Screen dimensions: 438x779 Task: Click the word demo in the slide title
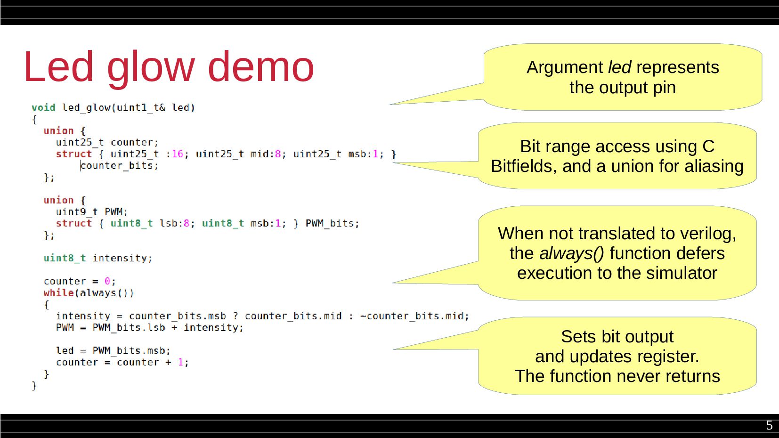260,67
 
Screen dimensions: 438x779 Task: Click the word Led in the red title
58,67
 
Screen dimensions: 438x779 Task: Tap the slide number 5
769,425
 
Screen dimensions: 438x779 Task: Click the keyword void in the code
43,108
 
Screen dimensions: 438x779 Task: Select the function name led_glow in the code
86,108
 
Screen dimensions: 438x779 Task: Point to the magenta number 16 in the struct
177,154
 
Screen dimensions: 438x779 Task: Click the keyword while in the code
58,293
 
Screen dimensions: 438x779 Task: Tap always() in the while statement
106,293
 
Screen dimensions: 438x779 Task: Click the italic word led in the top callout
619,67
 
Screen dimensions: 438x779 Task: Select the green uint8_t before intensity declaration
65,258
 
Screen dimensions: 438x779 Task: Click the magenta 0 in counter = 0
107,281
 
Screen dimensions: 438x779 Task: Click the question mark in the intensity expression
235,316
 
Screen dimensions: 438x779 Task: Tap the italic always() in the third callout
571,253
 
